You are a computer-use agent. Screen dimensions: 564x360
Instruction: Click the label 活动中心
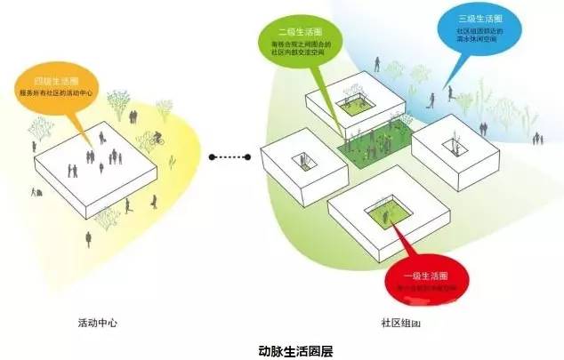point(98,323)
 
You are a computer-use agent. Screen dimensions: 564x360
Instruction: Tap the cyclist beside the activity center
point(157,139)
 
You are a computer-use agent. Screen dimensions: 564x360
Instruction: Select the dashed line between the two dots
point(233,158)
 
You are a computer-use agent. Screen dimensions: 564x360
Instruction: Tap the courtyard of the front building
point(389,214)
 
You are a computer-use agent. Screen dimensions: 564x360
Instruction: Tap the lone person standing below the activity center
point(88,237)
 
